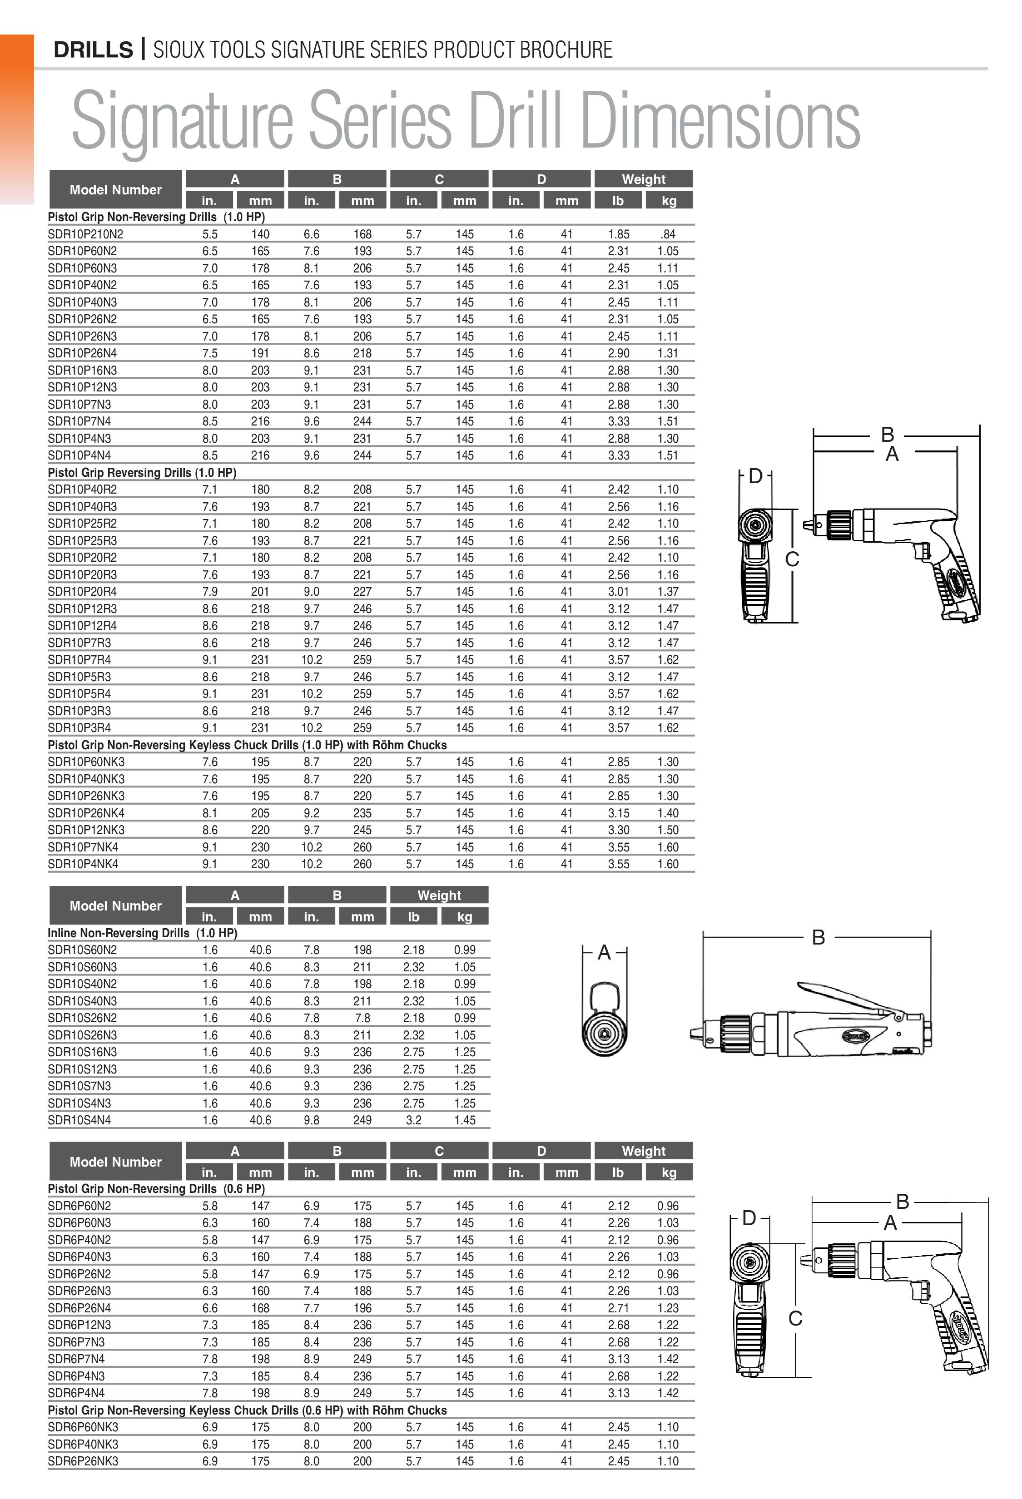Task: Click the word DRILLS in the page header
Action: click(93, 49)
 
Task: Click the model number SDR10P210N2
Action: click(85, 234)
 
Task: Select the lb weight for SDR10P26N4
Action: click(618, 353)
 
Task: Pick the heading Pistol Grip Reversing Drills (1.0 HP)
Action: click(142, 472)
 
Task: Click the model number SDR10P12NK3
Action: click(86, 830)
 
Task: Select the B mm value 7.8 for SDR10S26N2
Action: click(362, 1018)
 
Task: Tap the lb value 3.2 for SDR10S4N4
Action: click(414, 1120)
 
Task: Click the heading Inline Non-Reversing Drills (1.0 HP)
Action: click(142, 933)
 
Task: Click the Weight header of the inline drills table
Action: click(439, 895)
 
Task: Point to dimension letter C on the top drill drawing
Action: click(792, 559)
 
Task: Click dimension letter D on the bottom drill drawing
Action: click(749, 1218)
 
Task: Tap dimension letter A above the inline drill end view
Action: click(604, 952)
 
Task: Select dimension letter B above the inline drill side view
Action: click(818, 937)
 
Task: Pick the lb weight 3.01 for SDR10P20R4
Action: click(618, 592)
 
